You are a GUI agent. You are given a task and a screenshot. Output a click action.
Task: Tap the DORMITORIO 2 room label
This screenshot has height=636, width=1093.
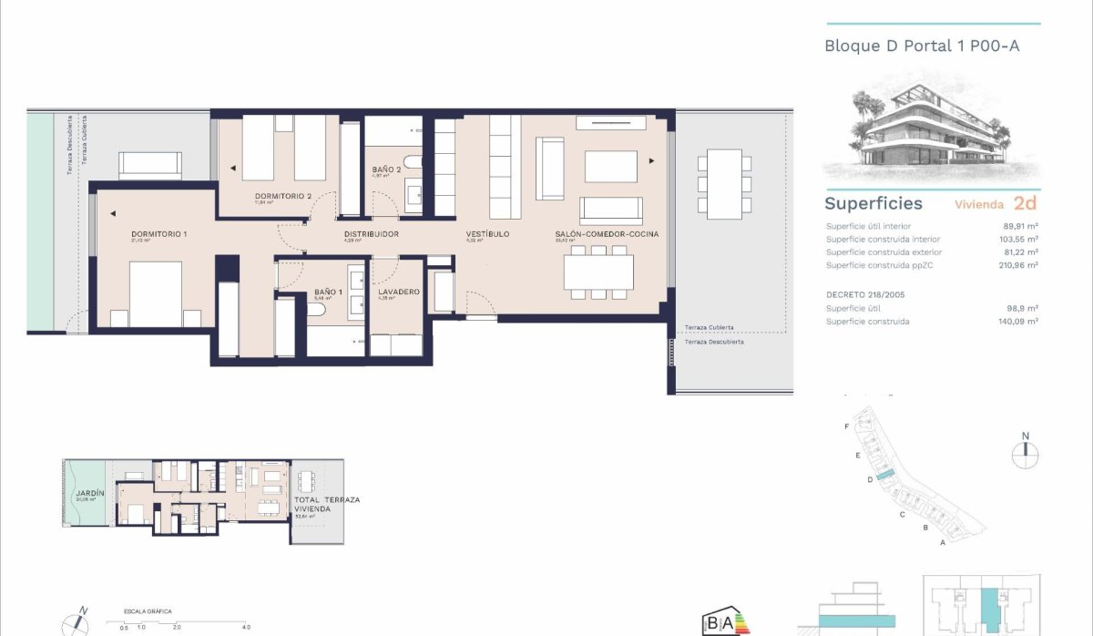coord(284,196)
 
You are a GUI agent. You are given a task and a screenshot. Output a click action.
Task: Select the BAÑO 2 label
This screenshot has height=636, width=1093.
coord(387,170)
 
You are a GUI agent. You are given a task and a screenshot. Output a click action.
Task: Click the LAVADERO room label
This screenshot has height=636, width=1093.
coord(397,292)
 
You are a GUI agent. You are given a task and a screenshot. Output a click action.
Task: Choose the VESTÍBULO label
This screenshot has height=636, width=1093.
coord(487,234)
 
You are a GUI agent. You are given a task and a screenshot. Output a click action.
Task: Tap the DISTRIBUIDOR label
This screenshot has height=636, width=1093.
coord(371,234)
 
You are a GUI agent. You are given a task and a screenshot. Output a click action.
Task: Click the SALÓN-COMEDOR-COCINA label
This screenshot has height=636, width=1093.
coord(606,234)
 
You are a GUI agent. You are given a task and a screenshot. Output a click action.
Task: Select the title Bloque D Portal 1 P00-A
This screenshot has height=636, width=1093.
coord(922,45)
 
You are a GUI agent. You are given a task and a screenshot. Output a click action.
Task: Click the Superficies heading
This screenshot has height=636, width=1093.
coord(873,204)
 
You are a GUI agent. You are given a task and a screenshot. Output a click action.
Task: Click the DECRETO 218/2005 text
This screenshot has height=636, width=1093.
coord(864,295)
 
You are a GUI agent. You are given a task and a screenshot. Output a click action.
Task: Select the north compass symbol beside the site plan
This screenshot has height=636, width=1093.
coord(1025,451)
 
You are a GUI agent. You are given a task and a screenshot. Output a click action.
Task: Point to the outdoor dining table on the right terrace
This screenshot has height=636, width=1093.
coord(724,183)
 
